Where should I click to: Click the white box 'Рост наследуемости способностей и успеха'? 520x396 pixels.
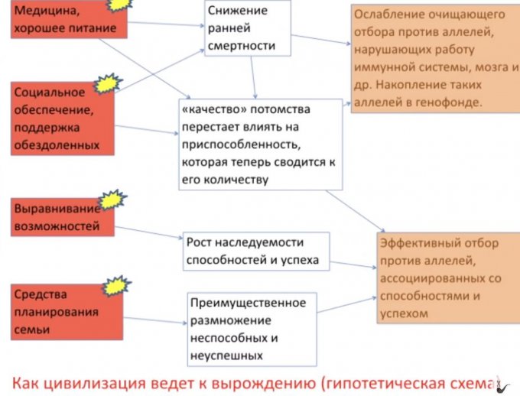255,252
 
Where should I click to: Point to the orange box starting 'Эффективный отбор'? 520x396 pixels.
447,278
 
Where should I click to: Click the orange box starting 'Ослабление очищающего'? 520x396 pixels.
434,58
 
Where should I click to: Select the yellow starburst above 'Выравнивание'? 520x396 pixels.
113,199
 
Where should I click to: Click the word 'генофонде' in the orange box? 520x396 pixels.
452,102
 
